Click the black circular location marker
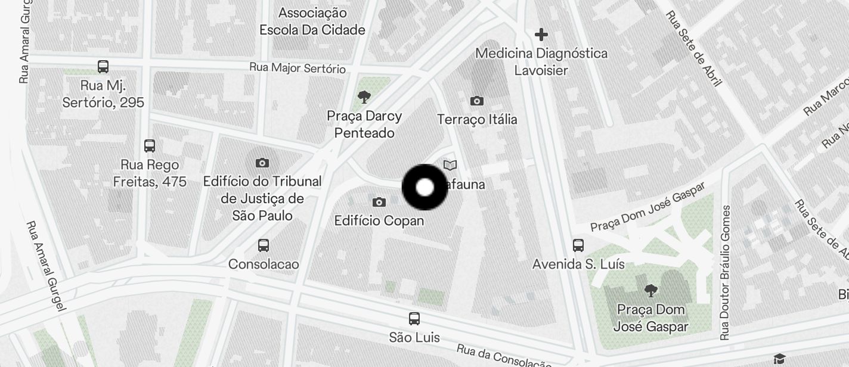coord(424,187)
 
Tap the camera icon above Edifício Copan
coord(379,203)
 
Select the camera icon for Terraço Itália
coord(476,101)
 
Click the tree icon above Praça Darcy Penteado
coord(364,97)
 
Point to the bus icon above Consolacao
coord(264,245)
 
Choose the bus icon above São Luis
coord(414,319)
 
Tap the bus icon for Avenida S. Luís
coord(578,245)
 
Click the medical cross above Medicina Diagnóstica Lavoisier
coord(541,35)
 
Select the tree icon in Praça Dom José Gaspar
coord(650,291)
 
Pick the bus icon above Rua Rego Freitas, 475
coord(150,145)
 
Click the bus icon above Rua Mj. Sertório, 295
coord(103,66)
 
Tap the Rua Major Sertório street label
coord(298,68)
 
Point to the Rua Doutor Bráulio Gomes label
coord(725,273)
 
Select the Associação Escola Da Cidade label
coord(312,21)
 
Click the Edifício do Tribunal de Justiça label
coord(262,198)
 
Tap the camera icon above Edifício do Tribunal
coord(262,163)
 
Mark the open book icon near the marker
coord(450,165)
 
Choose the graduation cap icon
coord(779,358)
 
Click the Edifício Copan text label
coord(379,220)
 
